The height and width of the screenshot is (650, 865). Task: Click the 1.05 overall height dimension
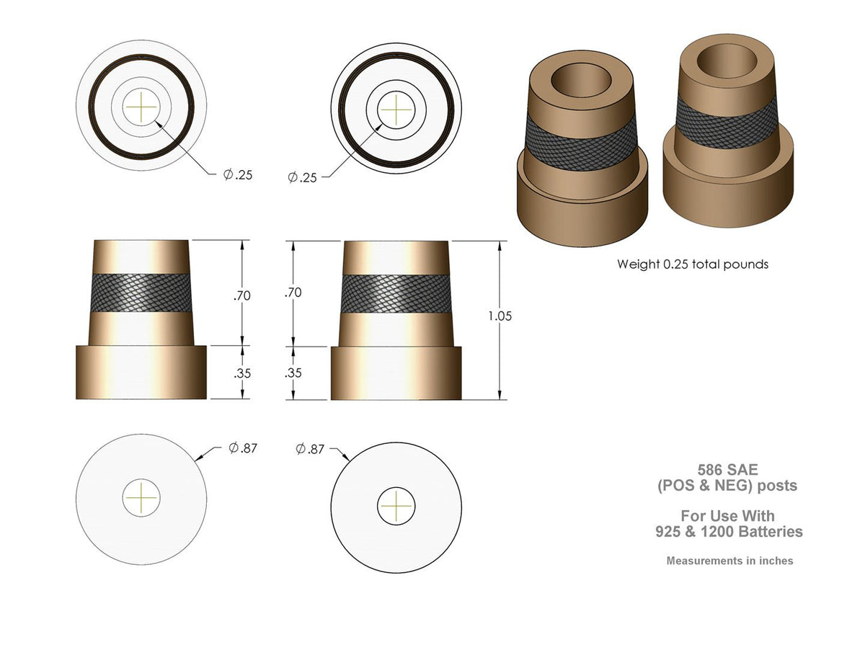coord(500,316)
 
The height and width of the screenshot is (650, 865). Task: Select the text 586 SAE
coord(727,469)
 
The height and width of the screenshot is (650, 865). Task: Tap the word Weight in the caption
coord(637,264)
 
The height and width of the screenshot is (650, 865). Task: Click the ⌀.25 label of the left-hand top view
coord(237,175)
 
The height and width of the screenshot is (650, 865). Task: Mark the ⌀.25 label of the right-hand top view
coord(302,177)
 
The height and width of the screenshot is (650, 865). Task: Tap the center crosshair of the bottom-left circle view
coord(141,497)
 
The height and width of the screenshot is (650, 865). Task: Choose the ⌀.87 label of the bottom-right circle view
coord(310,450)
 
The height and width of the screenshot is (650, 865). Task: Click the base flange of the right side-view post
coord(396,373)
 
